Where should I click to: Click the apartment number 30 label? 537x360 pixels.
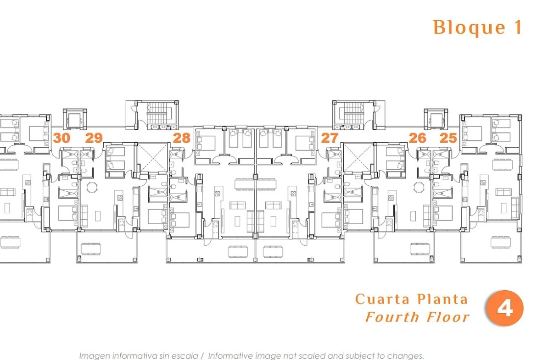click(x=62, y=138)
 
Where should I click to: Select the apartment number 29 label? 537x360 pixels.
click(x=94, y=138)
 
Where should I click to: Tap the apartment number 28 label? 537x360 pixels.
click(x=181, y=138)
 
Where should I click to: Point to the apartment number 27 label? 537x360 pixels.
click(x=330, y=138)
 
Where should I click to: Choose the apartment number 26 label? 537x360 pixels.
click(x=418, y=138)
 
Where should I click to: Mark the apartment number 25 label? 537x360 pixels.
click(x=448, y=138)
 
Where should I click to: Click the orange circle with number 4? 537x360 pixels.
click(x=505, y=308)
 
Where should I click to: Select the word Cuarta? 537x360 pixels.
click(x=382, y=299)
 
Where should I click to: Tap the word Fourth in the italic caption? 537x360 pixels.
click(x=393, y=317)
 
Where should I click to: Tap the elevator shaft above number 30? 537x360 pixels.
click(x=75, y=119)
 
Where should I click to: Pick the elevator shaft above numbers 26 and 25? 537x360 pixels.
click(x=436, y=119)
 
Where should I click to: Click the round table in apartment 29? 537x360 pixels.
click(x=92, y=187)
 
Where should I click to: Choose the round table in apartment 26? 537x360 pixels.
click(x=419, y=187)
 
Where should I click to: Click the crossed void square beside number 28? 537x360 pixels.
click(x=153, y=157)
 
